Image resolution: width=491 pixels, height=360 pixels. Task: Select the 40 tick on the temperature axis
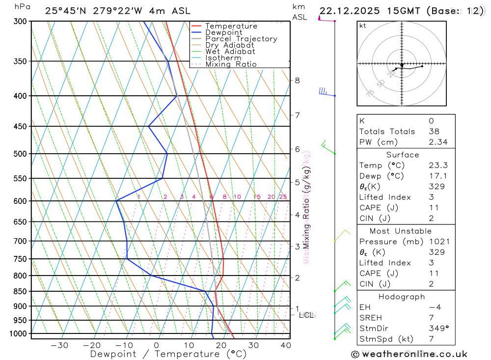pos(285,345)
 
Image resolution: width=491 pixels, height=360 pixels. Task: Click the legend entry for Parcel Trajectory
pos(241,39)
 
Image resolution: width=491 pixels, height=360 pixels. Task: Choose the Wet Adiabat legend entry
pos(230,52)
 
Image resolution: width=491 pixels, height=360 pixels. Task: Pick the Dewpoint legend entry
pos(222,32)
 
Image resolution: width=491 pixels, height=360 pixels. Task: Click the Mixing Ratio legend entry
pos(231,64)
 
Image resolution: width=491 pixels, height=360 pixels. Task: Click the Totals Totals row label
pos(387,132)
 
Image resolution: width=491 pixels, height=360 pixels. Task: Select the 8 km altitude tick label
pos(297,81)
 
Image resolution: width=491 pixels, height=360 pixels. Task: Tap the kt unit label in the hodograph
pos(363,26)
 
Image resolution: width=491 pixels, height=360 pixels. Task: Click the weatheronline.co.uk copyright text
pos(409,354)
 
